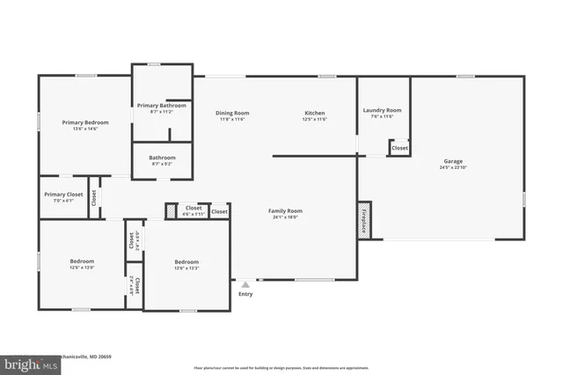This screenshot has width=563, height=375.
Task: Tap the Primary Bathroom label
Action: point(160,106)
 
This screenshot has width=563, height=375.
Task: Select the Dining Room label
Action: point(232,113)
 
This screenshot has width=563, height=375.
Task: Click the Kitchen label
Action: point(315,113)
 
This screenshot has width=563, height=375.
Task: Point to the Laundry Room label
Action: point(382,110)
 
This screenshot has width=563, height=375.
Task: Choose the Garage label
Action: point(453,162)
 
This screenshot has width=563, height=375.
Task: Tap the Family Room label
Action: point(287,210)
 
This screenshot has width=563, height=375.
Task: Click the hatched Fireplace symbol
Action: point(362,221)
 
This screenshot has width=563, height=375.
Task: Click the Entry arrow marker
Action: point(245,284)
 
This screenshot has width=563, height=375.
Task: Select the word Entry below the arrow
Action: point(245,294)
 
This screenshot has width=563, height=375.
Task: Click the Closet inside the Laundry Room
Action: point(399,148)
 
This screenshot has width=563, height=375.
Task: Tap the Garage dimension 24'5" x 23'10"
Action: point(453,169)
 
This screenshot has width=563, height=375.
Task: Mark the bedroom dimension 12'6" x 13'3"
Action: point(186,268)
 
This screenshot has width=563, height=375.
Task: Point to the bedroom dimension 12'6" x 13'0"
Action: point(82,268)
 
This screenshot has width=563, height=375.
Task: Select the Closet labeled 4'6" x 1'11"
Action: point(193,214)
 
